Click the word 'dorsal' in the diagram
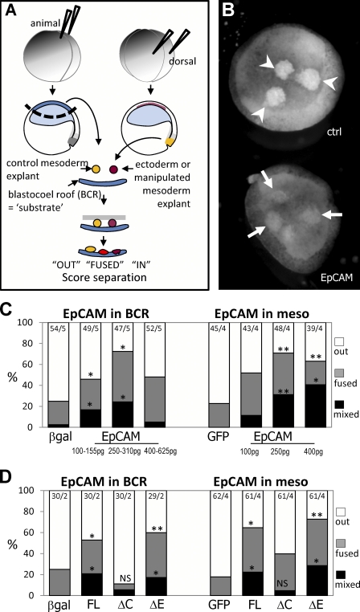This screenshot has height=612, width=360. pos(182,62)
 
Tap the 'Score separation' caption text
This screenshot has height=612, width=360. pos(100,277)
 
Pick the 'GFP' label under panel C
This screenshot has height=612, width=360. pos(221,437)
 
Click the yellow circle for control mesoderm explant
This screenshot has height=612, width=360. pos(96,169)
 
